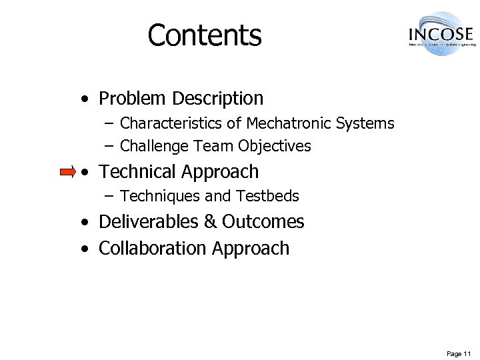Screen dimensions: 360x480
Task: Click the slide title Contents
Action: [x=205, y=35]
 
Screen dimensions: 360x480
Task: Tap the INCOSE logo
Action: [x=439, y=33]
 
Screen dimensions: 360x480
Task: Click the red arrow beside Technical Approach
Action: [x=67, y=173]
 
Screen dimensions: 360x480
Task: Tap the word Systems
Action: [x=365, y=123]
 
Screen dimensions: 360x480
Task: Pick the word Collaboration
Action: [x=153, y=248]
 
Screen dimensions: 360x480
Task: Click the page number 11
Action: [x=467, y=353]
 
